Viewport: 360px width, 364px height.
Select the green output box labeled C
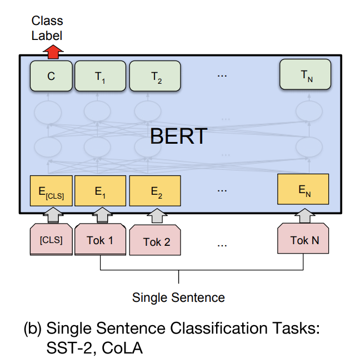pyautogui.click(x=51, y=77)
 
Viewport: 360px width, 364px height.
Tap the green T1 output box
pyautogui.click(x=100, y=77)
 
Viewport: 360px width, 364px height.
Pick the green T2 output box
pyautogui.click(x=155, y=77)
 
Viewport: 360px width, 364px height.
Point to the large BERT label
pyautogui.click(x=178, y=135)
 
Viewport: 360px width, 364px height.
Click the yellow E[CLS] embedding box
pyautogui.click(x=51, y=191)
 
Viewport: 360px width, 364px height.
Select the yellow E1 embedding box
pyautogui.click(x=100, y=191)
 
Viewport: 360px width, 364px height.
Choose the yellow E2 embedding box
pyautogui.click(x=155, y=191)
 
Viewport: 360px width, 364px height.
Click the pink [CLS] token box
pyautogui.click(x=51, y=240)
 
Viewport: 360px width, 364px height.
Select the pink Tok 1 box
pyautogui.click(x=100, y=240)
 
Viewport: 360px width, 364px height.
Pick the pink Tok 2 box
pyautogui.click(x=156, y=241)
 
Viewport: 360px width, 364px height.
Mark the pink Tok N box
pyautogui.click(x=304, y=240)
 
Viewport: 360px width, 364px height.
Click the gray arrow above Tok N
pyautogui.click(x=303, y=215)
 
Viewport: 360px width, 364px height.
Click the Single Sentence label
pyautogui.click(x=178, y=297)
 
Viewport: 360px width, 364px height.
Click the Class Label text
pyautogui.click(x=47, y=28)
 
